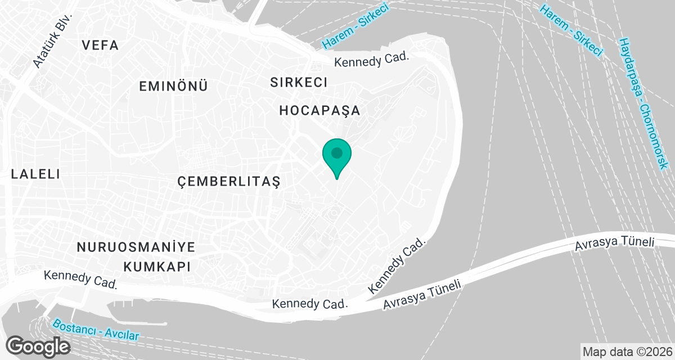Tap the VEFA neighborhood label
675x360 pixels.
(x=101, y=46)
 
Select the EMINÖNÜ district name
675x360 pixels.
(x=174, y=86)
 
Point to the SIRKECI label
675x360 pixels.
(x=299, y=82)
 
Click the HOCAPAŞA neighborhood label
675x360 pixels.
(x=319, y=111)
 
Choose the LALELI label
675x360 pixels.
(x=35, y=174)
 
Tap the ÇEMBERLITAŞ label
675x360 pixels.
(x=228, y=181)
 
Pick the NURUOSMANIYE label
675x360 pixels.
(x=136, y=247)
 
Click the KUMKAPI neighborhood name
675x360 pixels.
(x=157, y=266)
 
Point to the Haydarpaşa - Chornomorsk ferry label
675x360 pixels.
(x=641, y=103)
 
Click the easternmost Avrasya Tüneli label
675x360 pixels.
(x=615, y=244)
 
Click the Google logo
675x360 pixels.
(x=38, y=346)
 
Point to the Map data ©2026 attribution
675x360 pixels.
(x=627, y=352)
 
